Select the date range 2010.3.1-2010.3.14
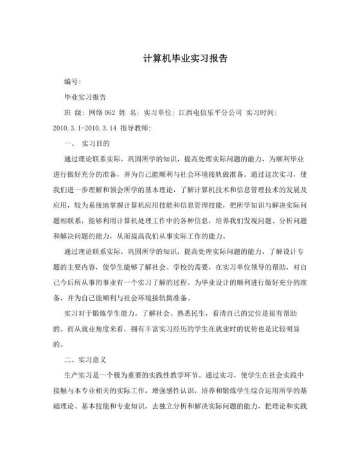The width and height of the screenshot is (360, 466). (x=85, y=128)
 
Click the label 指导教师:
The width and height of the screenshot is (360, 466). (x=136, y=128)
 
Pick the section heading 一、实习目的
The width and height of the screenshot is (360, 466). (x=87, y=143)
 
